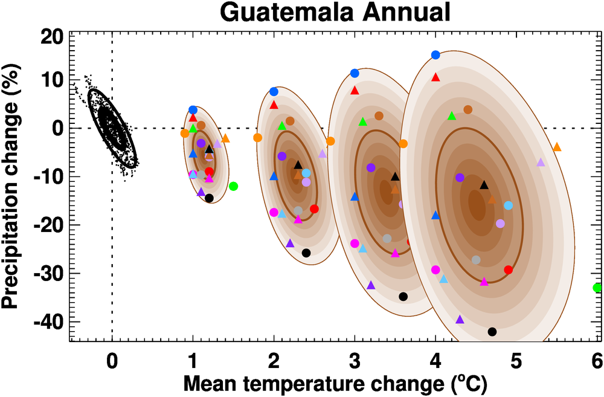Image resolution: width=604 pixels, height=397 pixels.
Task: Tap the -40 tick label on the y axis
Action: pos(48,321)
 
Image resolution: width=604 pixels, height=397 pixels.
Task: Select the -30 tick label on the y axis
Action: pos(48,273)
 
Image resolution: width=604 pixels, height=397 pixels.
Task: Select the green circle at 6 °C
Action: pos(597,288)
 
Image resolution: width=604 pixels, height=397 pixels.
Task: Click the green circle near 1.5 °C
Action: pos(233,186)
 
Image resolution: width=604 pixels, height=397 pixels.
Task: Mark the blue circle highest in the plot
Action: pos(435,55)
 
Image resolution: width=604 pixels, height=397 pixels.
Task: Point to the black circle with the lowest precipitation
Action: pos(492,332)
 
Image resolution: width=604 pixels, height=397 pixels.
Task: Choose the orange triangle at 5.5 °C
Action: pos(557,147)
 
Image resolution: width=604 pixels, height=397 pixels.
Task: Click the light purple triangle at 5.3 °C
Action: pos(541,162)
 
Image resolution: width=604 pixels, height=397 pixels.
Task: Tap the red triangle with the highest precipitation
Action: pos(435,77)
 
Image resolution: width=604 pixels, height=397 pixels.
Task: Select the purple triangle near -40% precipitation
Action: pos(460,320)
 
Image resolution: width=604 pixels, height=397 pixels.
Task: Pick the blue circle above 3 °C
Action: pos(355,73)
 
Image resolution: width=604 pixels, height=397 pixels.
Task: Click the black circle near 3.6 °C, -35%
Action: pos(403,296)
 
